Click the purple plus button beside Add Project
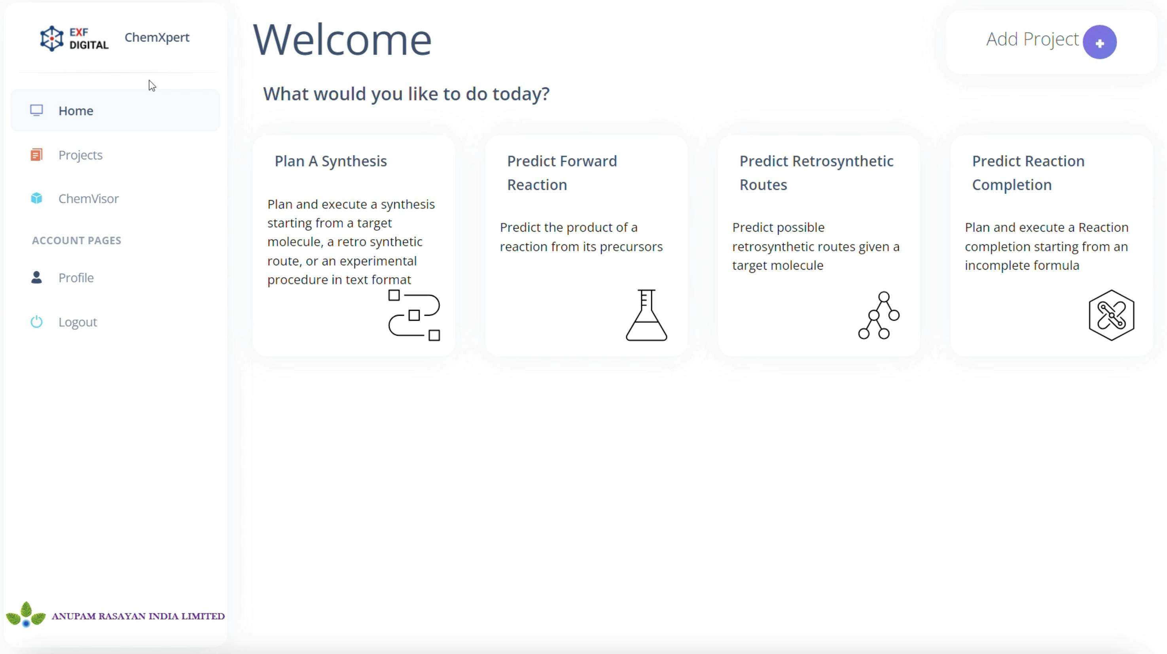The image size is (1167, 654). [1099, 43]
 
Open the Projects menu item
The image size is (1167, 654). [80, 155]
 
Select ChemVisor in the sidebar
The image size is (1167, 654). [88, 198]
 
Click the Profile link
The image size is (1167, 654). [76, 278]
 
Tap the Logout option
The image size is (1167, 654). [78, 322]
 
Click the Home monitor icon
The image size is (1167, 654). [37, 110]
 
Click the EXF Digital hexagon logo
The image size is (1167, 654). [52, 38]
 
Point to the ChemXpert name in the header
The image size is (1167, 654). [157, 37]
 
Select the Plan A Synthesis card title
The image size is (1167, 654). [331, 161]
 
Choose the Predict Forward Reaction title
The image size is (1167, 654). [562, 172]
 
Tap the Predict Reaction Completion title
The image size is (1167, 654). [1028, 172]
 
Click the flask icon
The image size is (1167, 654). [646, 315]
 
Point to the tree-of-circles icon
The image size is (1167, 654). [879, 315]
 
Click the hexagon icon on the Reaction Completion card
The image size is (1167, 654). [1111, 315]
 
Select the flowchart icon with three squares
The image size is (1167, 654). [414, 315]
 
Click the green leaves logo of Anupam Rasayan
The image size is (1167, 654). [26, 614]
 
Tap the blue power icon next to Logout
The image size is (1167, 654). [37, 322]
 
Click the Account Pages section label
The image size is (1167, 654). [77, 240]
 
